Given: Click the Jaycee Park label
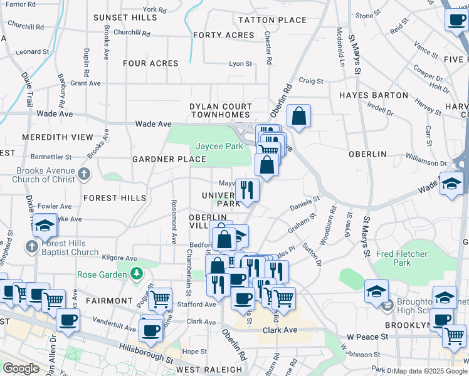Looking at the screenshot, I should pyautogui.click(x=219, y=146).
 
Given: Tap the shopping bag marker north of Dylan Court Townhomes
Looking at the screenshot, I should pyautogui.click(x=299, y=116).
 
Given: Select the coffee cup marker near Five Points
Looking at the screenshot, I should pyautogui.click(x=456, y=19).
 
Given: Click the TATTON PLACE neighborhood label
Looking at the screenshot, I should pyautogui.click(x=273, y=20).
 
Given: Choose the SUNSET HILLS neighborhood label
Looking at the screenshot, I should pyautogui.click(x=125, y=18).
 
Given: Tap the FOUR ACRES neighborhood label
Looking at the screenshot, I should pyautogui.click(x=150, y=63).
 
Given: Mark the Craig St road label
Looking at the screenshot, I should pyautogui.click(x=310, y=81).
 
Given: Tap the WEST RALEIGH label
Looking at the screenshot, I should pyautogui.click(x=209, y=370).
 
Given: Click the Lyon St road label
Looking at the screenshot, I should pyautogui.click(x=240, y=63).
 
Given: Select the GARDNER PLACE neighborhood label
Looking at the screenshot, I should pyautogui.click(x=161, y=159).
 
